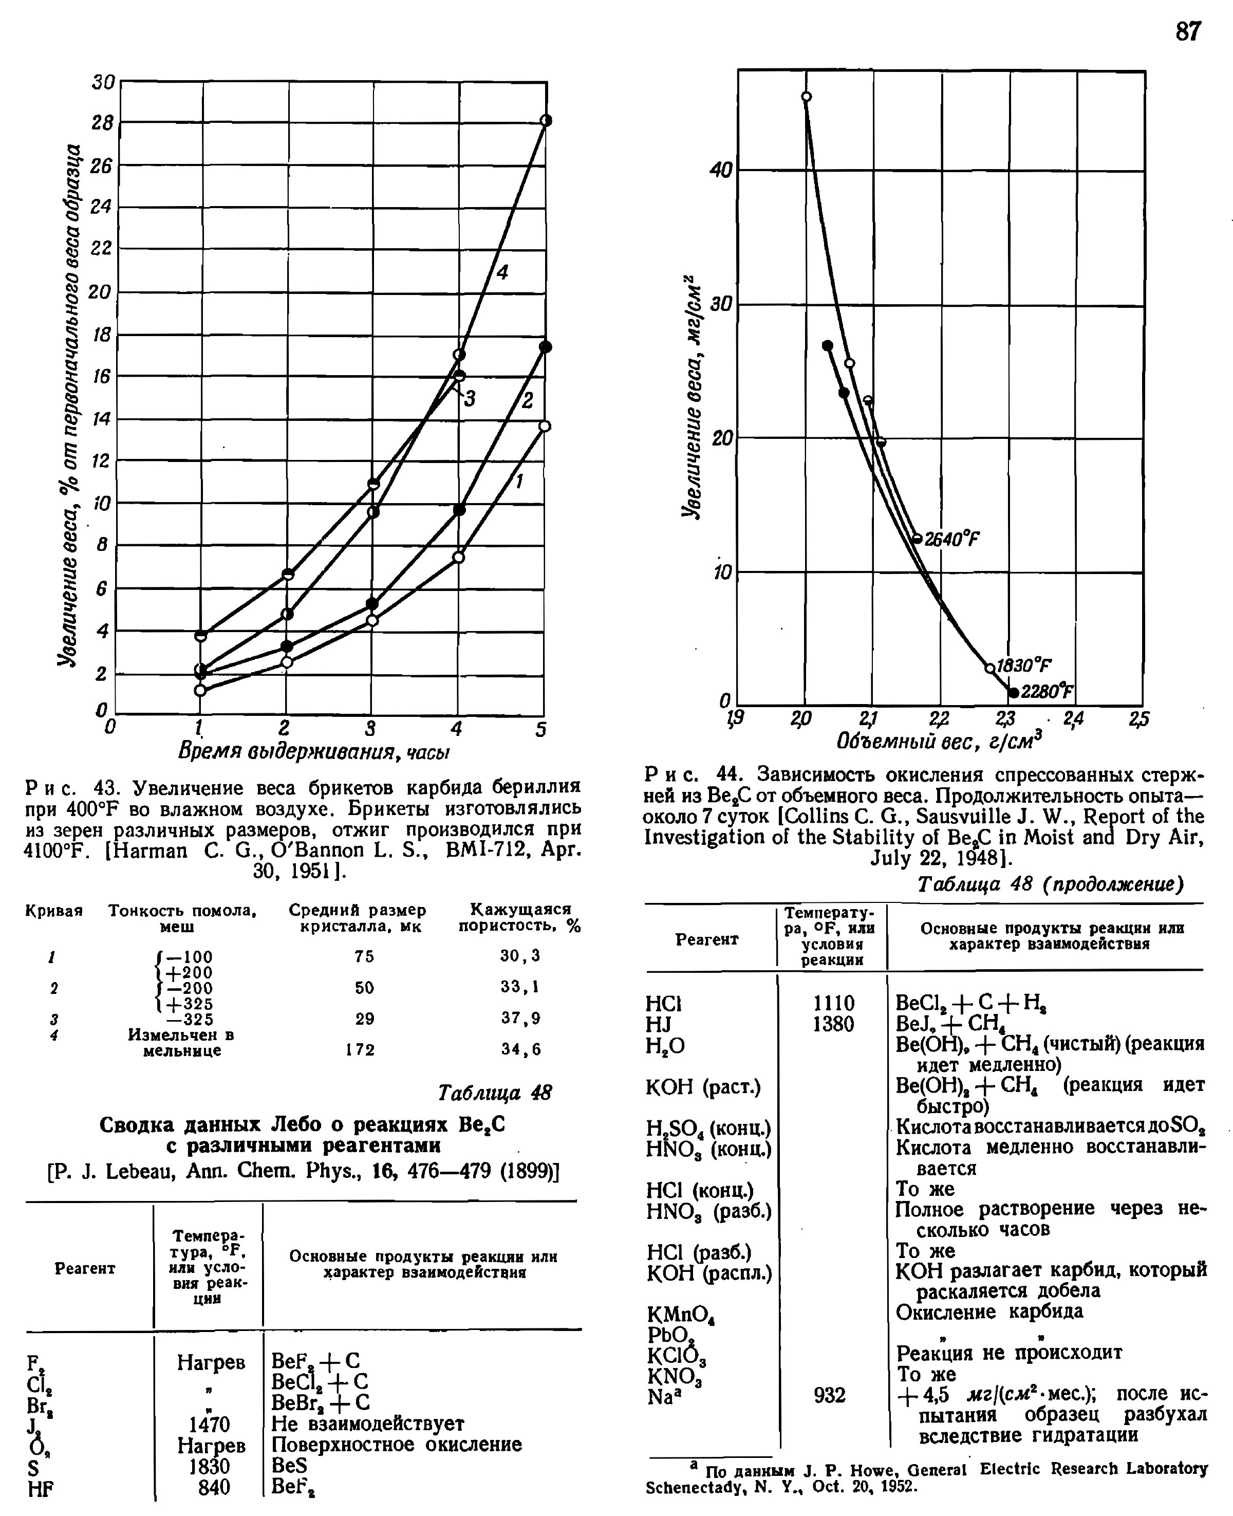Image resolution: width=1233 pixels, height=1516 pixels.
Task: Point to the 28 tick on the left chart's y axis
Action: [x=102, y=123]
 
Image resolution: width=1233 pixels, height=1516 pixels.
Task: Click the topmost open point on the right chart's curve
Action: [x=806, y=97]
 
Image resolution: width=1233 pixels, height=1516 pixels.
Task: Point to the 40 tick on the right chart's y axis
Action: [x=720, y=171]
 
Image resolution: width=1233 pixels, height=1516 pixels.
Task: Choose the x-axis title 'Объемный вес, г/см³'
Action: [x=940, y=742]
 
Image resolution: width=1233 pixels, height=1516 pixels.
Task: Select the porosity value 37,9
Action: [x=520, y=1018]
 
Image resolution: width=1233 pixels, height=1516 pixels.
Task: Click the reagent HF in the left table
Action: [x=41, y=1487]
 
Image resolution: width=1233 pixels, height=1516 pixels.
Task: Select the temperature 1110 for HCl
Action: [x=833, y=1003]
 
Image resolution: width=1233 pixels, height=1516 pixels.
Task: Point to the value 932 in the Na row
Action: [x=830, y=1395]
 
